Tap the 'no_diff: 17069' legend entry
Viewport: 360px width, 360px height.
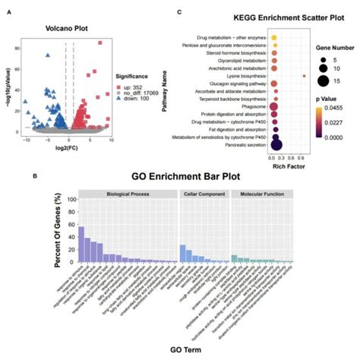pyautogui.click(x=143, y=92)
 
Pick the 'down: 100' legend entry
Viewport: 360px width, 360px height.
pyautogui.click(x=137, y=99)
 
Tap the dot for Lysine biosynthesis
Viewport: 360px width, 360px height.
pyautogui.click(x=303, y=76)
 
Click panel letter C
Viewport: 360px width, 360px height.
pyautogui.click(x=178, y=13)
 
